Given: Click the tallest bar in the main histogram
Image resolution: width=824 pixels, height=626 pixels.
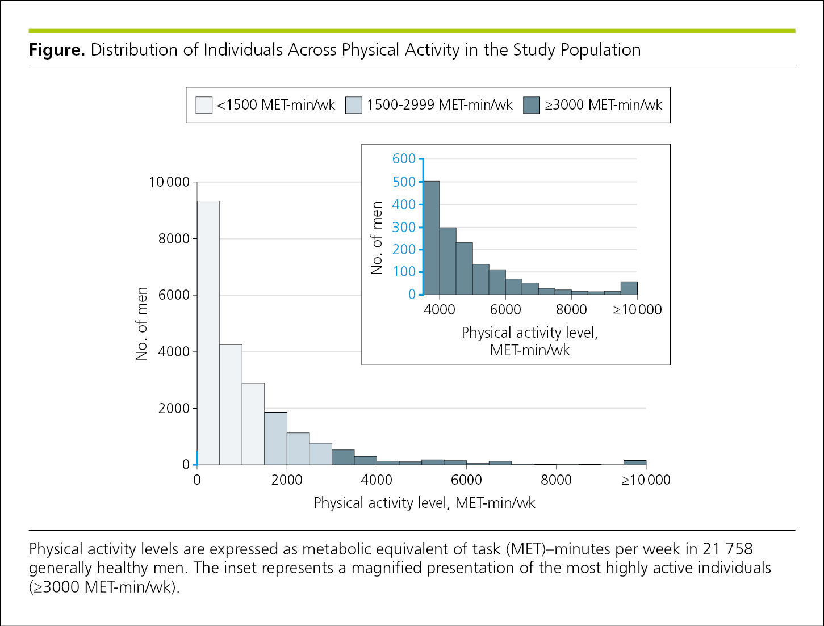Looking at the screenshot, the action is click(208, 333).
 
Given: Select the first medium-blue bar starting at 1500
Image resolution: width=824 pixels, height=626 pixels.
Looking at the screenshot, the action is click(275, 439).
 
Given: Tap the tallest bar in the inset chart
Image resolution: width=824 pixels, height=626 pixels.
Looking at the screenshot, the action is click(432, 238).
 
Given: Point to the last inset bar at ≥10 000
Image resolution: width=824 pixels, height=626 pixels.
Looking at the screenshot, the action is click(629, 288).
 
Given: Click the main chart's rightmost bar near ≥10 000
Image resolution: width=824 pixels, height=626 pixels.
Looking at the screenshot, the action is click(635, 463).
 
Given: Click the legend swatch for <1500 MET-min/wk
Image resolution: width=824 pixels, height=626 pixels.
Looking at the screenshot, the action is click(204, 105).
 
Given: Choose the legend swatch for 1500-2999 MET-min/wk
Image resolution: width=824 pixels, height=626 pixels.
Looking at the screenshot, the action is click(354, 105).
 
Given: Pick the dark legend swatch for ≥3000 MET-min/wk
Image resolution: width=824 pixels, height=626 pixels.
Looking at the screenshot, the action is click(532, 105).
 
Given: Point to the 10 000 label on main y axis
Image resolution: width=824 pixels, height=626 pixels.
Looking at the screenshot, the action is click(169, 182).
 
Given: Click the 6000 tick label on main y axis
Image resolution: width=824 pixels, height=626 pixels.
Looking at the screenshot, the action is click(174, 295).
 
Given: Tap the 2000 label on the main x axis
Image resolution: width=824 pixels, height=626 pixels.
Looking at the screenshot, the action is click(287, 480).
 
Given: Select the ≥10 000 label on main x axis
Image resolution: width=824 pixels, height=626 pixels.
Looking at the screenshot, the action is click(646, 480).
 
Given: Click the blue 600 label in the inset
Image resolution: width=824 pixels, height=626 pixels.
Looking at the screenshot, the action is click(404, 159).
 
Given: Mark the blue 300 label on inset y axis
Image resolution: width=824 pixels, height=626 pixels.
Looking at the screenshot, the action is click(404, 227).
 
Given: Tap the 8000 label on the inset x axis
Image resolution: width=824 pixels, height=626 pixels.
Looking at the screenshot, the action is click(571, 310).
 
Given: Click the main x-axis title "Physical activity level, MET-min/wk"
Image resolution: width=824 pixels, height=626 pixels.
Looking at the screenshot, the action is click(424, 503).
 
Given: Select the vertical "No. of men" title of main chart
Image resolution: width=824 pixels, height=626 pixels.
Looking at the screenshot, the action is click(141, 323).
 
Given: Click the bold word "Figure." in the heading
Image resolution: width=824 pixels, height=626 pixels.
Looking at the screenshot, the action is click(57, 50).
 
